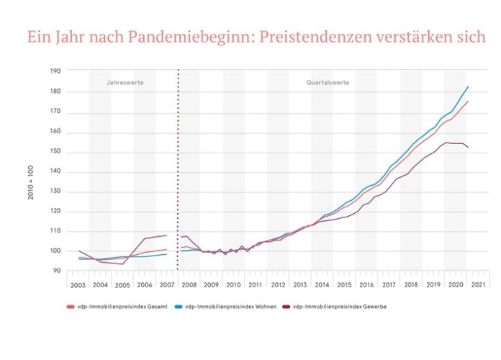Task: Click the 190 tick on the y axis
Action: (x=55, y=71)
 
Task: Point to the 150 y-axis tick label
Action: (x=55, y=153)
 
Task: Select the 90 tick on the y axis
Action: (x=57, y=271)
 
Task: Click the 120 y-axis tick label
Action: (x=55, y=212)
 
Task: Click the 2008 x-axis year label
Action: (x=189, y=286)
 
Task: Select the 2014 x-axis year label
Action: (x=322, y=286)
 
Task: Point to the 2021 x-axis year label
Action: (x=477, y=286)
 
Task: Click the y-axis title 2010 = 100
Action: (x=32, y=185)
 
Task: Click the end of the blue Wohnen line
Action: (x=469, y=86)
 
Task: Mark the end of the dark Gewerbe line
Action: (x=469, y=148)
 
